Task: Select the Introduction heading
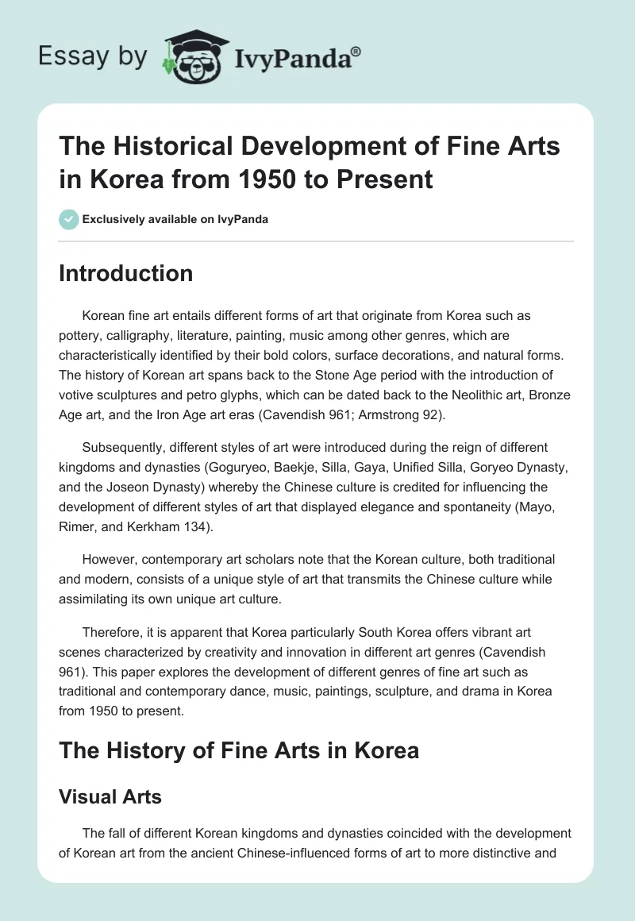[x=126, y=273]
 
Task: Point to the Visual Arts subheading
[x=110, y=796]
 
